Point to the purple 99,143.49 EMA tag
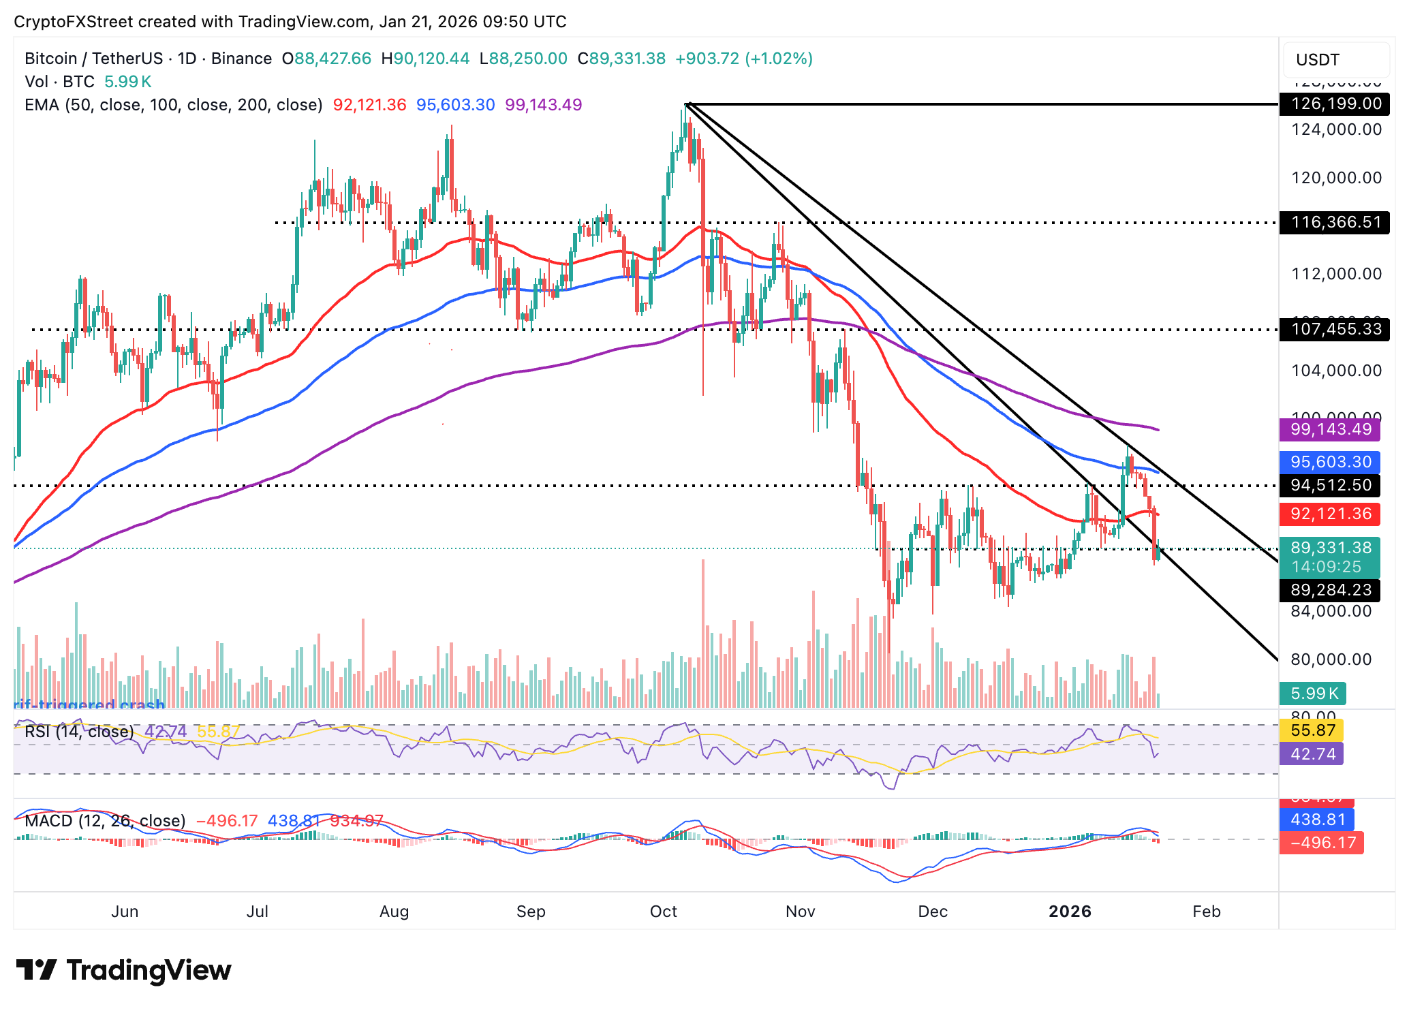point(1330,429)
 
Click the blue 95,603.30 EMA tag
point(1330,462)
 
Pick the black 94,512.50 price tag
point(1330,485)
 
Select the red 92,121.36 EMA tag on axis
point(1330,514)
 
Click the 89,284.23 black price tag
point(1330,590)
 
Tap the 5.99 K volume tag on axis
point(1313,694)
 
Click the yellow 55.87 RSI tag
point(1312,730)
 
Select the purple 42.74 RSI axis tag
point(1312,753)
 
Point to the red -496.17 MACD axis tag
point(1321,843)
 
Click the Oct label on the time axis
point(663,912)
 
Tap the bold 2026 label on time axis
point(1070,912)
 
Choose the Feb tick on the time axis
point(1206,912)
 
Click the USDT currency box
point(1335,60)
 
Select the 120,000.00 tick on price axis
point(1336,178)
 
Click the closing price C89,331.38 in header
point(621,59)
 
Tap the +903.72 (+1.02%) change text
point(743,59)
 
